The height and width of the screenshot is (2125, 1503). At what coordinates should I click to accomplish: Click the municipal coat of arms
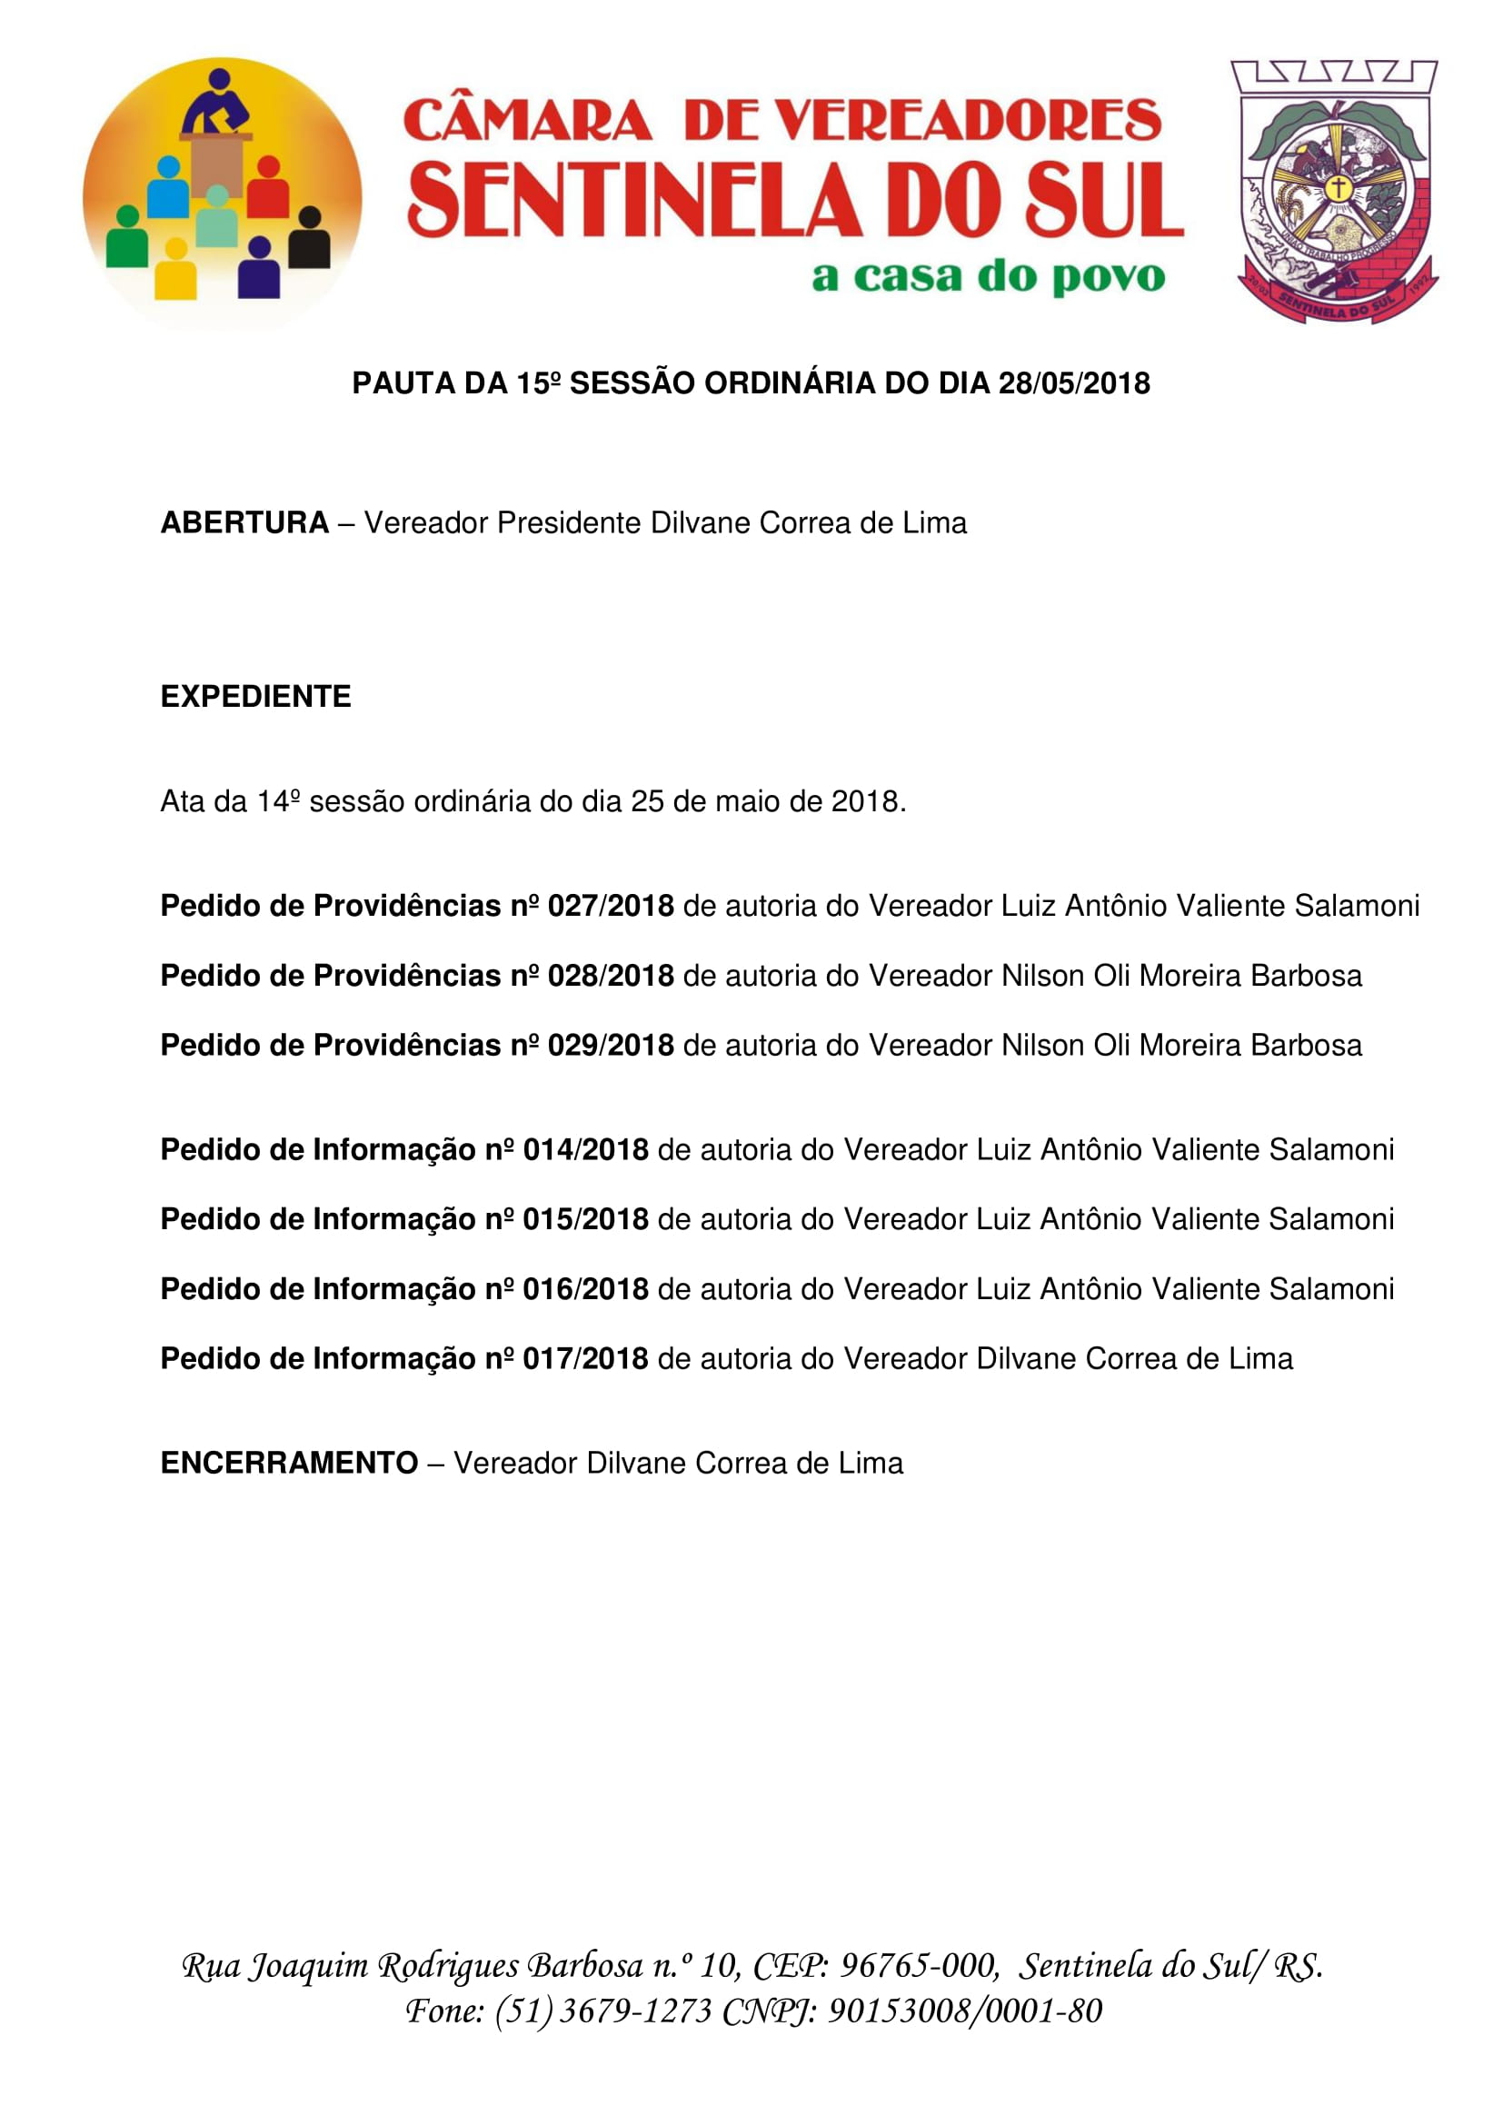pyautogui.click(x=1336, y=192)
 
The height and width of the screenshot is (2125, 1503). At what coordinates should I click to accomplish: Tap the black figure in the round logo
pyautogui.click(x=309, y=240)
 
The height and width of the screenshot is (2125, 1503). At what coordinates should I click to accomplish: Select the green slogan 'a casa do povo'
pyautogui.click(x=988, y=277)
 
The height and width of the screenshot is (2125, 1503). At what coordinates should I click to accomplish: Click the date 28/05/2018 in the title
pyautogui.click(x=1073, y=383)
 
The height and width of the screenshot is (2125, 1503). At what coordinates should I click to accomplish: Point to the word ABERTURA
pyautogui.click(x=244, y=523)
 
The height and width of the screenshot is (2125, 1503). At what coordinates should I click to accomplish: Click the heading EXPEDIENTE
pyautogui.click(x=255, y=697)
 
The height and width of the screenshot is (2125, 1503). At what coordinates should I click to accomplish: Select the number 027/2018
pyautogui.click(x=610, y=906)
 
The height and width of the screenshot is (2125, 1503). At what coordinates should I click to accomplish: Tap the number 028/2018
pyautogui.click(x=610, y=976)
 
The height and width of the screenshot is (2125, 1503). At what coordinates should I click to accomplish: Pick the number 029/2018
pyautogui.click(x=610, y=1045)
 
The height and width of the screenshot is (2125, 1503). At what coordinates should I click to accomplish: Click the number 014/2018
pyautogui.click(x=585, y=1149)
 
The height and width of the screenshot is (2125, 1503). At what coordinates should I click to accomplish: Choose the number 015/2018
pyautogui.click(x=585, y=1219)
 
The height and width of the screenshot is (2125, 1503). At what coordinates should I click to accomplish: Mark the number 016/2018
pyautogui.click(x=585, y=1288)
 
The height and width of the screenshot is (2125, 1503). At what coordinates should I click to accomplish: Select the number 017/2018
pyautogui.click(x=585, y=1357)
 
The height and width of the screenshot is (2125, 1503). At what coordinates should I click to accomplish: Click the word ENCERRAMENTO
pyautogui.click(x=289, y=1463)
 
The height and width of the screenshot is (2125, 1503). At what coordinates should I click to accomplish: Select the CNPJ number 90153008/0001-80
pyautogui.click(x=964, y=2011)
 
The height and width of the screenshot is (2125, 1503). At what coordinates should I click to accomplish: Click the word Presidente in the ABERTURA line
pyautogui.click(x=569, y=523)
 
